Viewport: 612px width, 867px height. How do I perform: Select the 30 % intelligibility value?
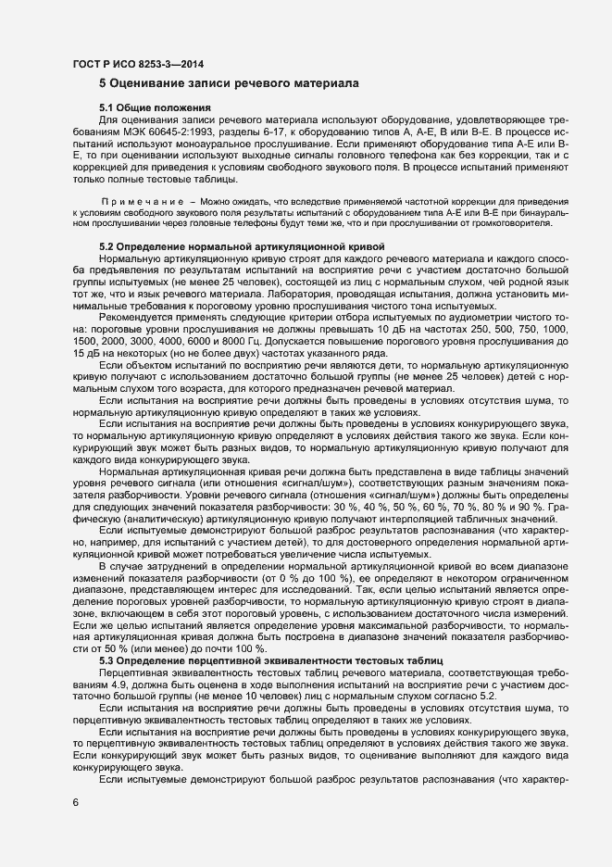tap(315, 482)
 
